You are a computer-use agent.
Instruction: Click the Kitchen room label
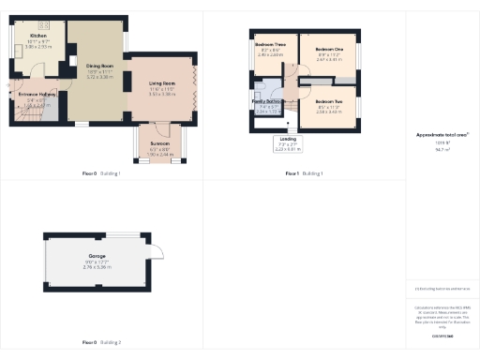(x=37, y=35)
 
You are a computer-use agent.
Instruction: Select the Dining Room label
(x=99, y=66)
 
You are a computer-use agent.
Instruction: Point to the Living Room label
(x=161, y=84)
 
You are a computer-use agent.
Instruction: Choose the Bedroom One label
(x=329, y=49)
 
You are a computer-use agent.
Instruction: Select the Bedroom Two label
(x=328, y=101)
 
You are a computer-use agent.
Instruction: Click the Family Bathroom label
(x=268, y=100)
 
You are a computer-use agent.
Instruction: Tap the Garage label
(x=97, y=256)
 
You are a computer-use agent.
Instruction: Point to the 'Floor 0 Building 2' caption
(x=102, y=344)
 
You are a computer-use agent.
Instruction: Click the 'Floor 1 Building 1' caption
(x=305, y=173)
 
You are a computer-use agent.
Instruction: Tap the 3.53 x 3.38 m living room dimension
(x=161, y=95)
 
